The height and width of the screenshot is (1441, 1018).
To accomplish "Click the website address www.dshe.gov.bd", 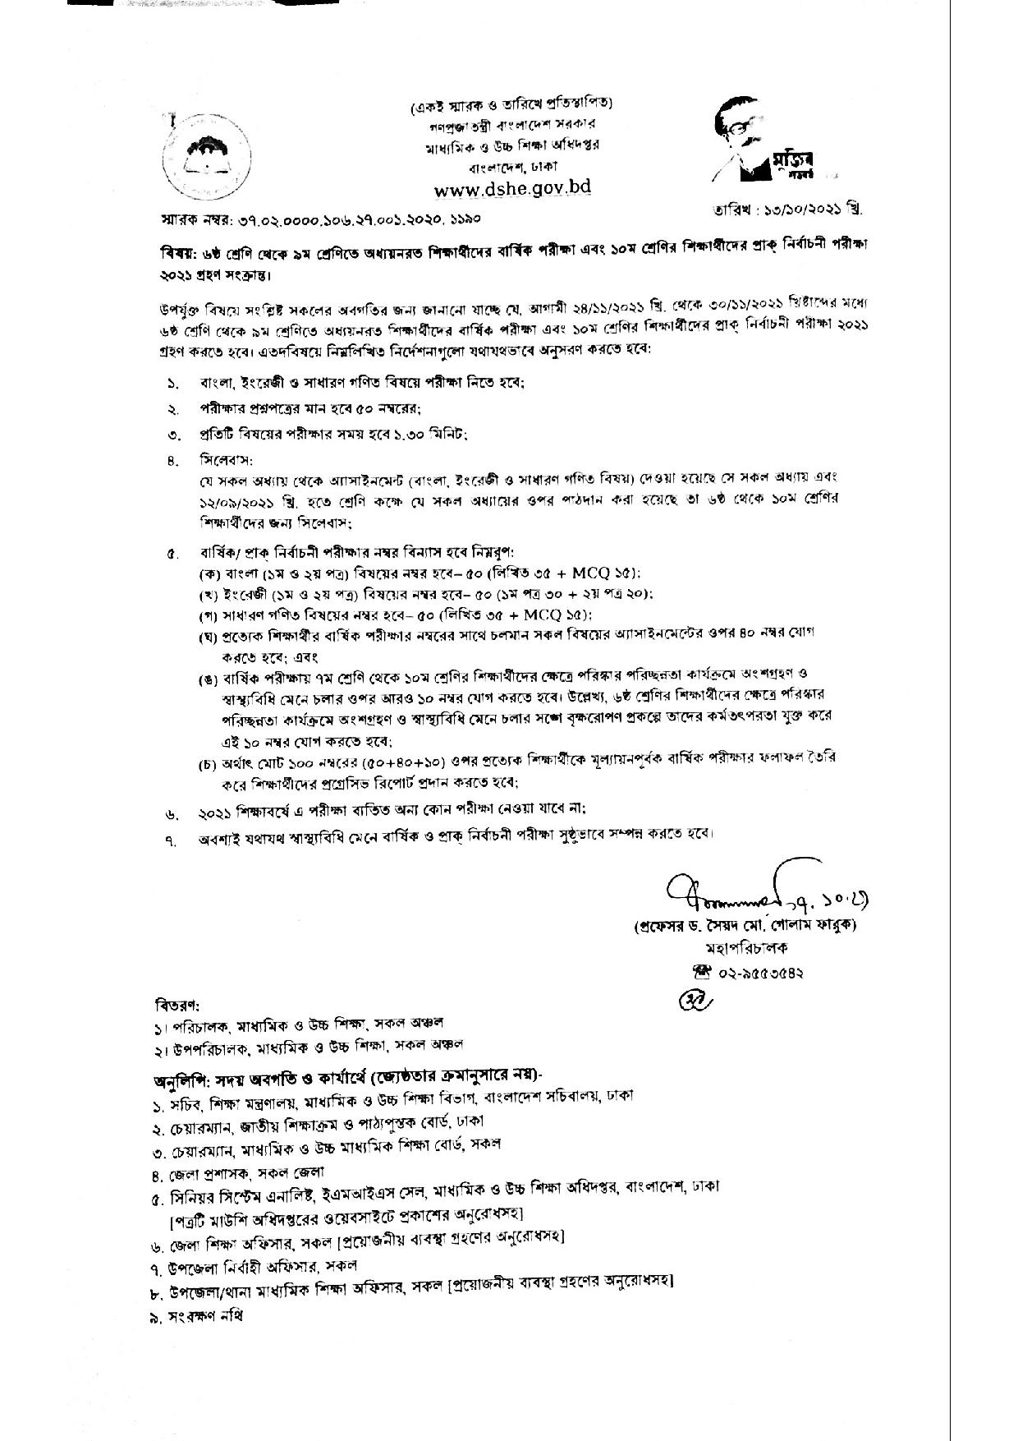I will click(512, 188).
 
